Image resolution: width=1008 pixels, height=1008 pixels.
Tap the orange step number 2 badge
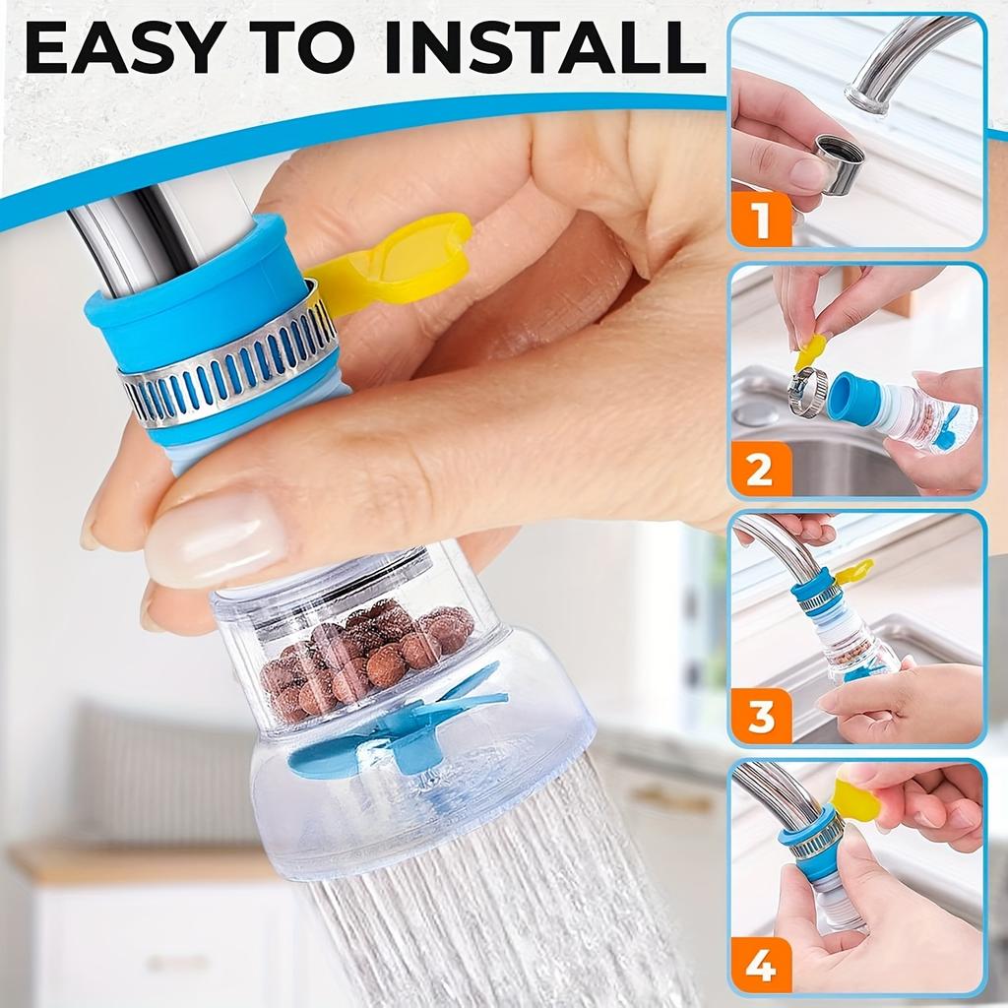click(x=760, y=470)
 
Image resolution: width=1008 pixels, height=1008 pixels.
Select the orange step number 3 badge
click(x=760, y=718)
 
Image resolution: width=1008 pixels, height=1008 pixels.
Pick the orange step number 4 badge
click(x=760, y=965)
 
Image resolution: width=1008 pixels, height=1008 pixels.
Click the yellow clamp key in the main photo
click(x=394, y=264)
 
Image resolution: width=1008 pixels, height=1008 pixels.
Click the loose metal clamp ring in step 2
click(x=806, y=392)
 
